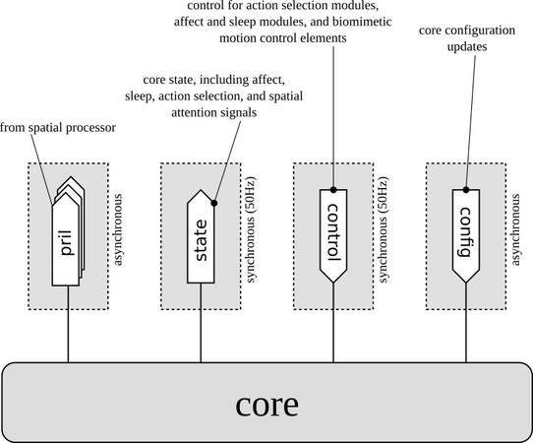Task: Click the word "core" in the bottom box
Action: (266, 405)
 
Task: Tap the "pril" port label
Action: (67, 242)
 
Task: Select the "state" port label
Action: (201, 240)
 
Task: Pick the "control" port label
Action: (333, 232)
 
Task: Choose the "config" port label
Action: (465, 232)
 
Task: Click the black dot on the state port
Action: (214, 203)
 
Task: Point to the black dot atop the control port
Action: (333, 190)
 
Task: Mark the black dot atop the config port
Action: (466, 190)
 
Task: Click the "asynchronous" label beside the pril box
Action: (117, 229)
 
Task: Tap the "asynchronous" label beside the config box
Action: (515, 229)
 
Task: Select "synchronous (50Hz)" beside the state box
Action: (250, 229)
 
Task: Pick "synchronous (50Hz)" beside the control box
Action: (383, 229)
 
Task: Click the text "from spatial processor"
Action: (58, 128)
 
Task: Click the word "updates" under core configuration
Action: (467, 46)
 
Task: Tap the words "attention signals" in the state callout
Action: (213, 112)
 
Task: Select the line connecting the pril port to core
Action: (68, 324)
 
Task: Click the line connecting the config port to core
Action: (466, 322)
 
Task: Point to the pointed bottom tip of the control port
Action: (333, 283)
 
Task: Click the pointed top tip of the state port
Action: (201, 190)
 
